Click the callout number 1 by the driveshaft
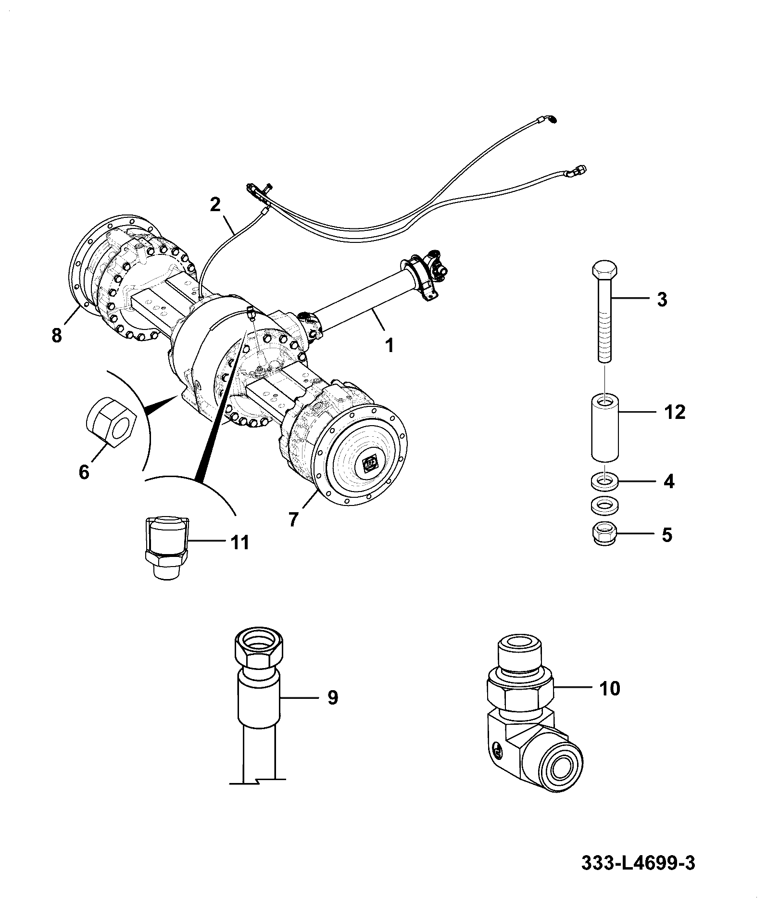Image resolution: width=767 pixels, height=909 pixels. coord(390,345)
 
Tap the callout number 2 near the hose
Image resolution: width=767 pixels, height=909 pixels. coord(215,205)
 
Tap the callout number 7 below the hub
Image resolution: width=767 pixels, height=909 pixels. coord(293,519)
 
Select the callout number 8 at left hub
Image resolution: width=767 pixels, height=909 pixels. coord(57,335)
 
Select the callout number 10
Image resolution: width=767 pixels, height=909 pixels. coord(611,689)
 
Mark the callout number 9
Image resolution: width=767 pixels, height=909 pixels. coord(333,697)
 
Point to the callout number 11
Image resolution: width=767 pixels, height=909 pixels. coord(239,543)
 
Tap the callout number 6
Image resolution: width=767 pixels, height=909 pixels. coord(84,472)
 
